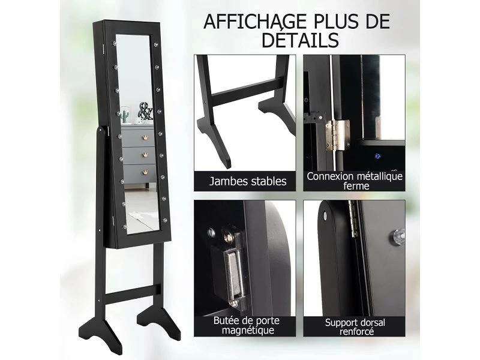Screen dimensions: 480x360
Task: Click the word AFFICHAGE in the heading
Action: tap(255, 22)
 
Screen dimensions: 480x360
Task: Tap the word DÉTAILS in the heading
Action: tap(301, 40)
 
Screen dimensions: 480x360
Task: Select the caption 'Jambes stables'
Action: tap(248, 181)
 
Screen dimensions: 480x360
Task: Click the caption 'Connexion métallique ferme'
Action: tap(355, 181)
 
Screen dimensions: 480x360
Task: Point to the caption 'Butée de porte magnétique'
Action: tap(246, 326)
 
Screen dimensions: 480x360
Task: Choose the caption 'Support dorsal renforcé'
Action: tap(355, 327)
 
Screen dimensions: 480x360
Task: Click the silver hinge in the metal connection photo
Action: tap(337, 135)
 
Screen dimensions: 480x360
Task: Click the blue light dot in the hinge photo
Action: tap(378, 157)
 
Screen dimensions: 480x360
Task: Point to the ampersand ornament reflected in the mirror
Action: tap(145, 111)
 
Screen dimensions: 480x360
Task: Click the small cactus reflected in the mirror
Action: tap(126, 116)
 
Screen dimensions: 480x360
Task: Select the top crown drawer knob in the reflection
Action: tap(145, 137)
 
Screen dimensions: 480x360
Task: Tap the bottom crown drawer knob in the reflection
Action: tap(145, 172)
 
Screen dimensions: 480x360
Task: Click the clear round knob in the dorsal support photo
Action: tap(398, 236)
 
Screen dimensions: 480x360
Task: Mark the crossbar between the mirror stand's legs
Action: tap(132, 293)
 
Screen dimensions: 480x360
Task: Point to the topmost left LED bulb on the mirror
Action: tap(115, 43)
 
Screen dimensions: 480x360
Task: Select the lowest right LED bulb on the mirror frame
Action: tap(165, 220)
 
